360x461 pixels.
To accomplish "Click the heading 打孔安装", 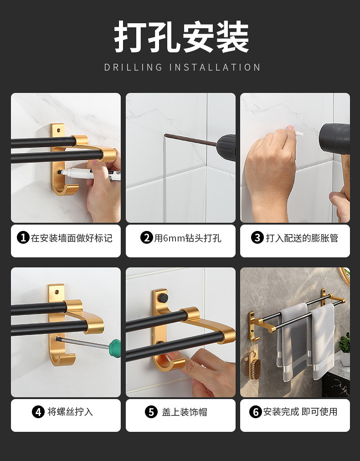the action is tap(181, 36).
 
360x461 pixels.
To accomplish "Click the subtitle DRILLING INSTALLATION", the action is tap(182, 67).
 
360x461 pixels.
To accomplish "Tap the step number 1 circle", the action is tap(23, 237).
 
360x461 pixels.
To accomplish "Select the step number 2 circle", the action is tap(146, 237).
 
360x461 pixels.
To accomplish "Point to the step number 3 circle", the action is tap(257, 237).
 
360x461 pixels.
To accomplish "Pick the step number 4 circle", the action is tap(38, 412).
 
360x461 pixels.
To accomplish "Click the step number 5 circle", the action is tap(151, 412).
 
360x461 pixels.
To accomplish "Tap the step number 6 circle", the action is tap(256, 412).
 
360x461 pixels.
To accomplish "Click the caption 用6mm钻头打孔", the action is tap(188, 238).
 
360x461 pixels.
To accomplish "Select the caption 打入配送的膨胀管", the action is tap(302, 238).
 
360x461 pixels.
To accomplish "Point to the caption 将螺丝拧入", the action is tap(70, 412).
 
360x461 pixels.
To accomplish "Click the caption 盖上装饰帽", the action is tap(185, 412).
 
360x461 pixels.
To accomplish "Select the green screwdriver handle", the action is tap(115, 348).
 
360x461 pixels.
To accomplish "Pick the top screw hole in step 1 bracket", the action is tap(58, 130).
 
